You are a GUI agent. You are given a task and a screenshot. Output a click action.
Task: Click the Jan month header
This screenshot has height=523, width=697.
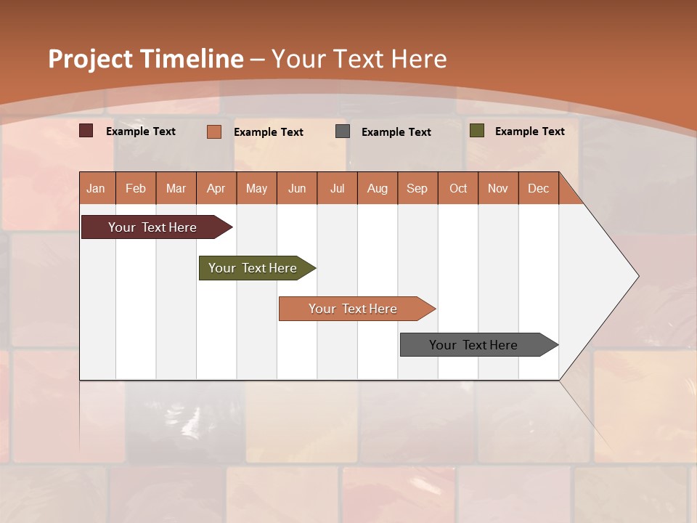97,188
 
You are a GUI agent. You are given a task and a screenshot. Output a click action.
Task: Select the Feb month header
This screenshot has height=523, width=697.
136,188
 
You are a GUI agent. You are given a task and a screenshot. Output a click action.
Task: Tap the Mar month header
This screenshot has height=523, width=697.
176,188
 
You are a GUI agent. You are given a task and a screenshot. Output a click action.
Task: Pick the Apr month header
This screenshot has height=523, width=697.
216,188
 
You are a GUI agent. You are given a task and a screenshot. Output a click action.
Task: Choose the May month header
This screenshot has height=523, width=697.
256,188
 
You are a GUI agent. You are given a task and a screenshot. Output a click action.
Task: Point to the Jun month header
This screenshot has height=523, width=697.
297,188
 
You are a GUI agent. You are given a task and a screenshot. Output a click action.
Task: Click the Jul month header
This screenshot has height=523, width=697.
337,188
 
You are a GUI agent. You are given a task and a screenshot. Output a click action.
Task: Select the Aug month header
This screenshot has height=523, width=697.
378,188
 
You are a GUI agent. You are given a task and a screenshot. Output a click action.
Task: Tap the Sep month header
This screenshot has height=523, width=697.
417,188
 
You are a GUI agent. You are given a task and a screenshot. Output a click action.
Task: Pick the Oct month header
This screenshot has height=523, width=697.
458,188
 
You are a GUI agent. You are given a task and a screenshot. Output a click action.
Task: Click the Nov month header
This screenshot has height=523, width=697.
498,188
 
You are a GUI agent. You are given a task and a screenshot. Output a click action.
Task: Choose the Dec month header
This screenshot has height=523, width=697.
539,188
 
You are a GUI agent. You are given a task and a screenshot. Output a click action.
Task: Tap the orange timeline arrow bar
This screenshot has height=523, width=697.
354,309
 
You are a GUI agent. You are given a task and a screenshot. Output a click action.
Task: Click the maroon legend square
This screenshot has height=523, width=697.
86,131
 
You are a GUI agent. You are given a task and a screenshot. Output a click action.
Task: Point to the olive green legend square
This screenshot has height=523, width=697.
477,131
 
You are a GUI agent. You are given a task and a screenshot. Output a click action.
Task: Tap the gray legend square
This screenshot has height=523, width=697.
343,131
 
